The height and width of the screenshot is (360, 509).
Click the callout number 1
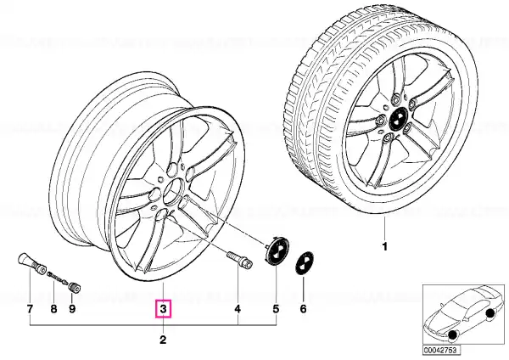(x=384, y=247)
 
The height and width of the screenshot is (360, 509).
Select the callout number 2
(x=163, y=340)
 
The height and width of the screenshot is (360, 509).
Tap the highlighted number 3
(x=163, y=309)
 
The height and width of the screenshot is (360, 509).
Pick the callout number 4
(x=238, y=309)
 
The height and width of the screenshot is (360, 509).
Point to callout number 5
(x=276, y=309)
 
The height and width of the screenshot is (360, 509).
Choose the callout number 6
(x=303, y=309)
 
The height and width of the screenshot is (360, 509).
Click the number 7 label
(x=30, y=309)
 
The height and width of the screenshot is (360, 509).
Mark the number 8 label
(x=54, y=309)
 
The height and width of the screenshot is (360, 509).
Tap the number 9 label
(x=72, y=309)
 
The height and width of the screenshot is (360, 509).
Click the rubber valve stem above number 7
(x=31, y=263)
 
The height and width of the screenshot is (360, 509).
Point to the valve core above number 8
(x=58, y=278)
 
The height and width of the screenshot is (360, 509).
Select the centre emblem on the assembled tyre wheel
(x=398, y=119)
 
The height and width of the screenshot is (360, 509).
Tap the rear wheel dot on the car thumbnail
(x=489, y=313)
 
